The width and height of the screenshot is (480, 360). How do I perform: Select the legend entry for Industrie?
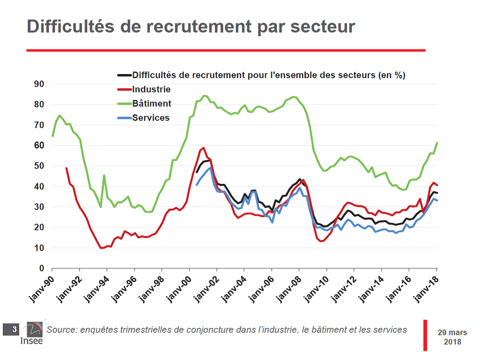tap(151, 89)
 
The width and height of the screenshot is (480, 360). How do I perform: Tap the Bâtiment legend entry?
tap(152, 104)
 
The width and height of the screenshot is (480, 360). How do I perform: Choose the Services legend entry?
tap(151, 118)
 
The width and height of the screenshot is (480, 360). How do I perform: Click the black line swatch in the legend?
tap(124, 75)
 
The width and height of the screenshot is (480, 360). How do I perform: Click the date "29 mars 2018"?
tap(452, 337)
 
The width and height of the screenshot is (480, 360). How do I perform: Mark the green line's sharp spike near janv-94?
tap(104, 176)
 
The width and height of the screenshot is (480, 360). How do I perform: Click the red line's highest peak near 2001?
tap(203, 148)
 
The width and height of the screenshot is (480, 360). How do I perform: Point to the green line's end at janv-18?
tap(437, 143)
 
